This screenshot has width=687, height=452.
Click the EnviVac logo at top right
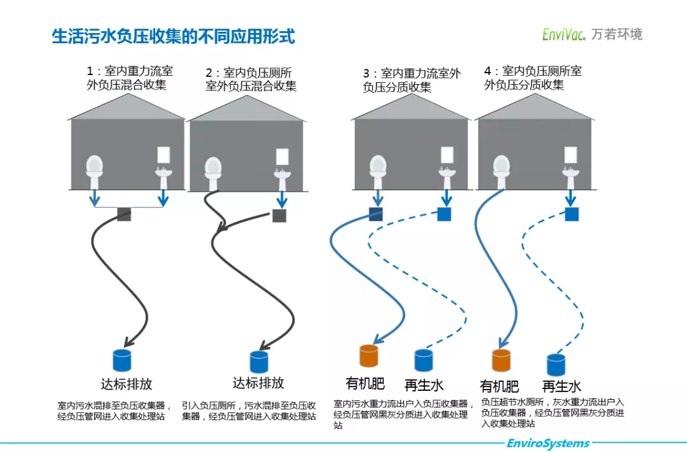click(x=592, y=34)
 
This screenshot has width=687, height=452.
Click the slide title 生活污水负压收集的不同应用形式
click(x=173, y=36)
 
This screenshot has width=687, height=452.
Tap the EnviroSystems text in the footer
click(x=548, y=443)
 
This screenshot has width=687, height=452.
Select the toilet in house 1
click(x=95, y=167)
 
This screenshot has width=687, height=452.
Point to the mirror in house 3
click(x=447, y=155)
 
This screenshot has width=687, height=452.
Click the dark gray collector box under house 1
click(x=124, y=215)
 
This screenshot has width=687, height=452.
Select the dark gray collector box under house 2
click(x=279, y=216)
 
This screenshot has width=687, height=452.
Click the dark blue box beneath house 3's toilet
click(x=376, y=214)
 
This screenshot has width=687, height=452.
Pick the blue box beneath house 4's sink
click(x=572, y=214)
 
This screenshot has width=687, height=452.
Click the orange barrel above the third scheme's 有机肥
click(x=369, y=356)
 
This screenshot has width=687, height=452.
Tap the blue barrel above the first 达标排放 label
click(x=121, y=360)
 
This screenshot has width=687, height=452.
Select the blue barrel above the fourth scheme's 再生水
click(x=556, y=365)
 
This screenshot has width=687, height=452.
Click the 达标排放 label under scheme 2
click(x=258, y=383)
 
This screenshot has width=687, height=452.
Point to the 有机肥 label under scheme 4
click(x=499, y=386)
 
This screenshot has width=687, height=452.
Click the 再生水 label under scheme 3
click(x=424, y=385)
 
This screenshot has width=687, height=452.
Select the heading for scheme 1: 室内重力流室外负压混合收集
click(x=130, y=78)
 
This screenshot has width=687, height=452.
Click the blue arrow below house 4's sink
click(x=572, y=198)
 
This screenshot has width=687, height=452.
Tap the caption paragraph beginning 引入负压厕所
click(x=249, y=411)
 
